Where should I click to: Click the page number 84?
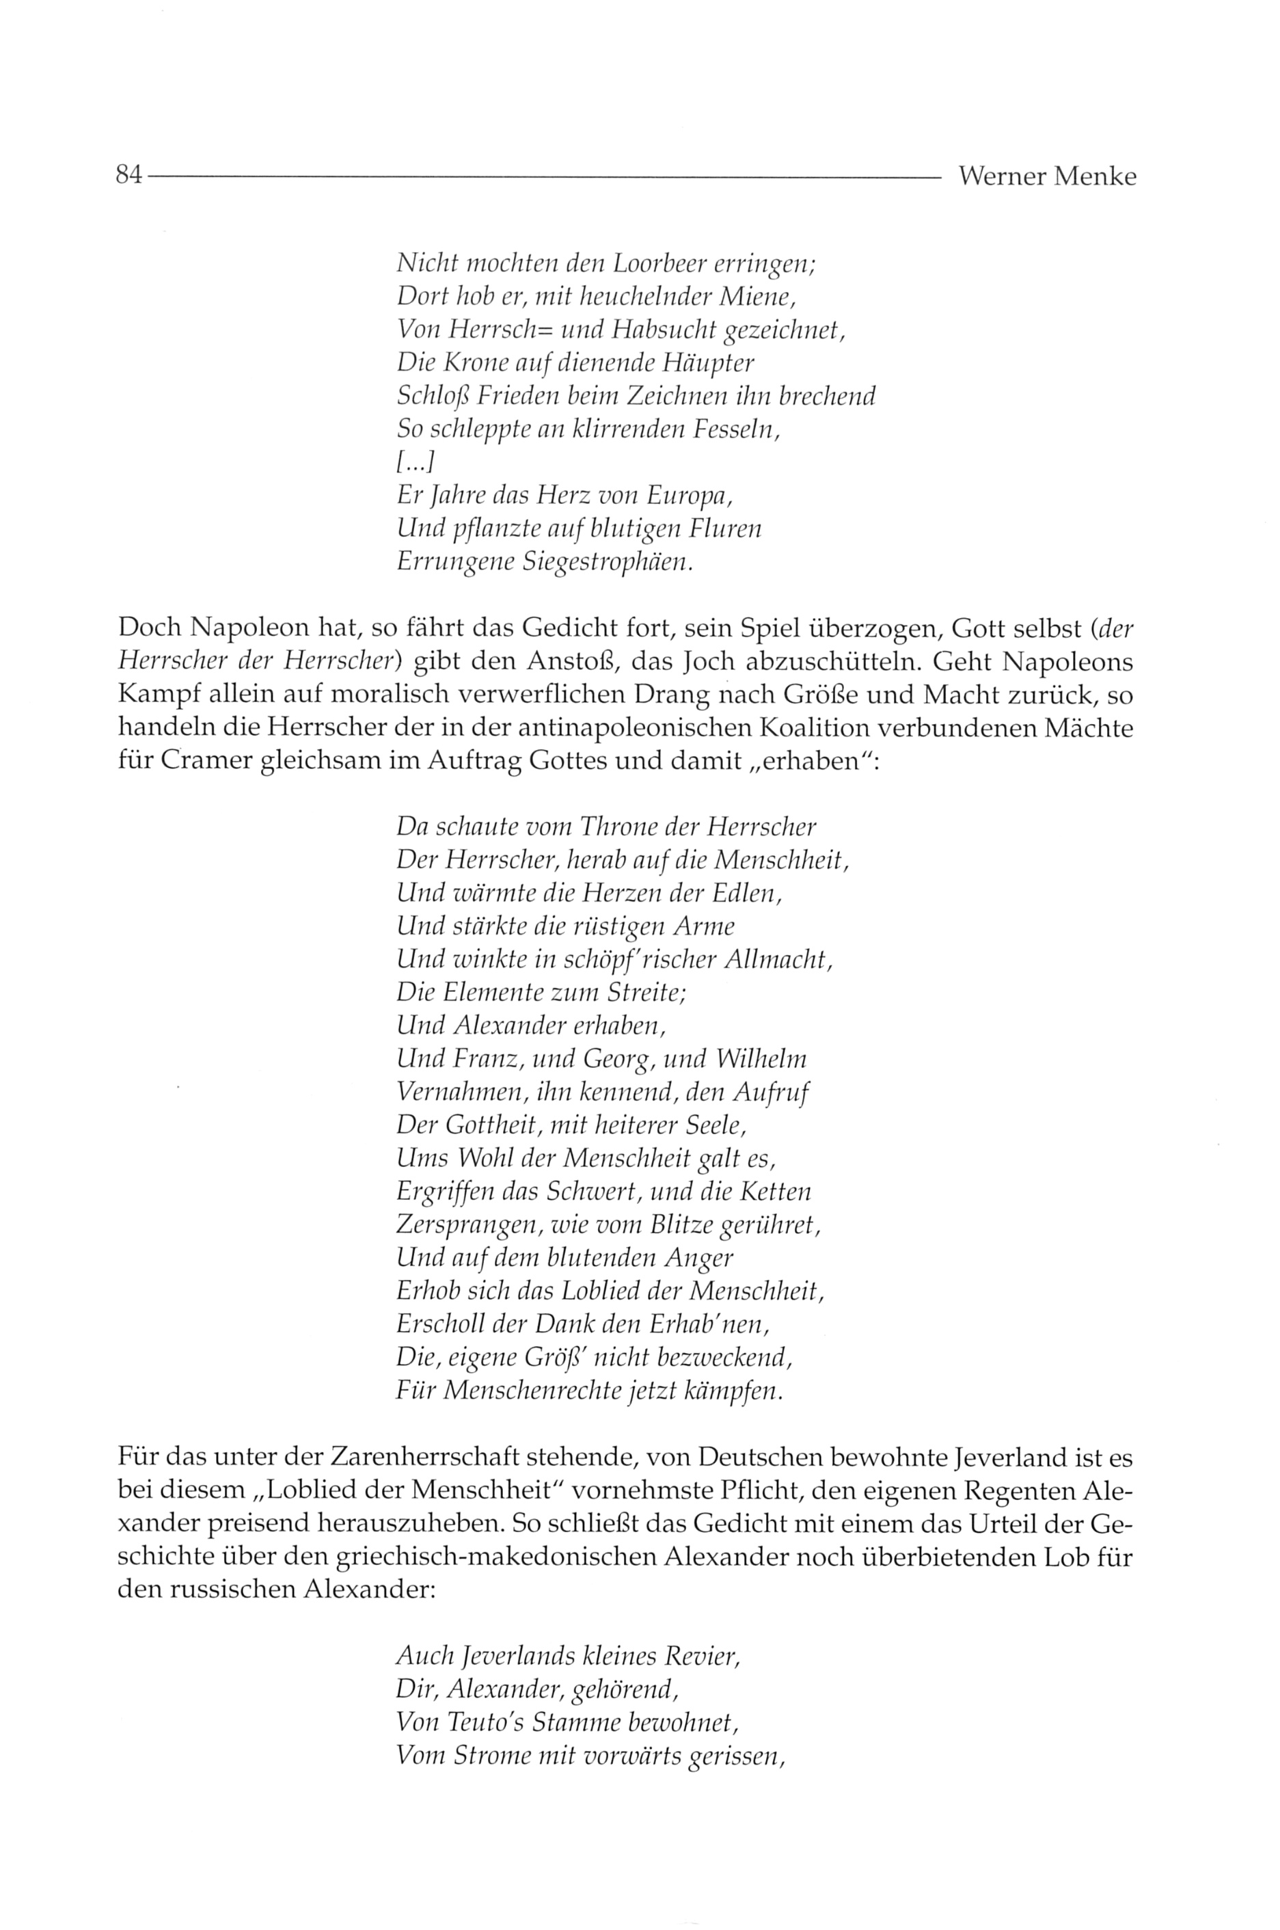[x=129, y=176]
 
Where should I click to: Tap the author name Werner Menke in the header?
[x=1046, y=176]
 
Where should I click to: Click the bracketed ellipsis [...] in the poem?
[x=415, y=463]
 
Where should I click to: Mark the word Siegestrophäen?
[x=608, y=563]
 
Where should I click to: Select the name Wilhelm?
[x=761, y=1059]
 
